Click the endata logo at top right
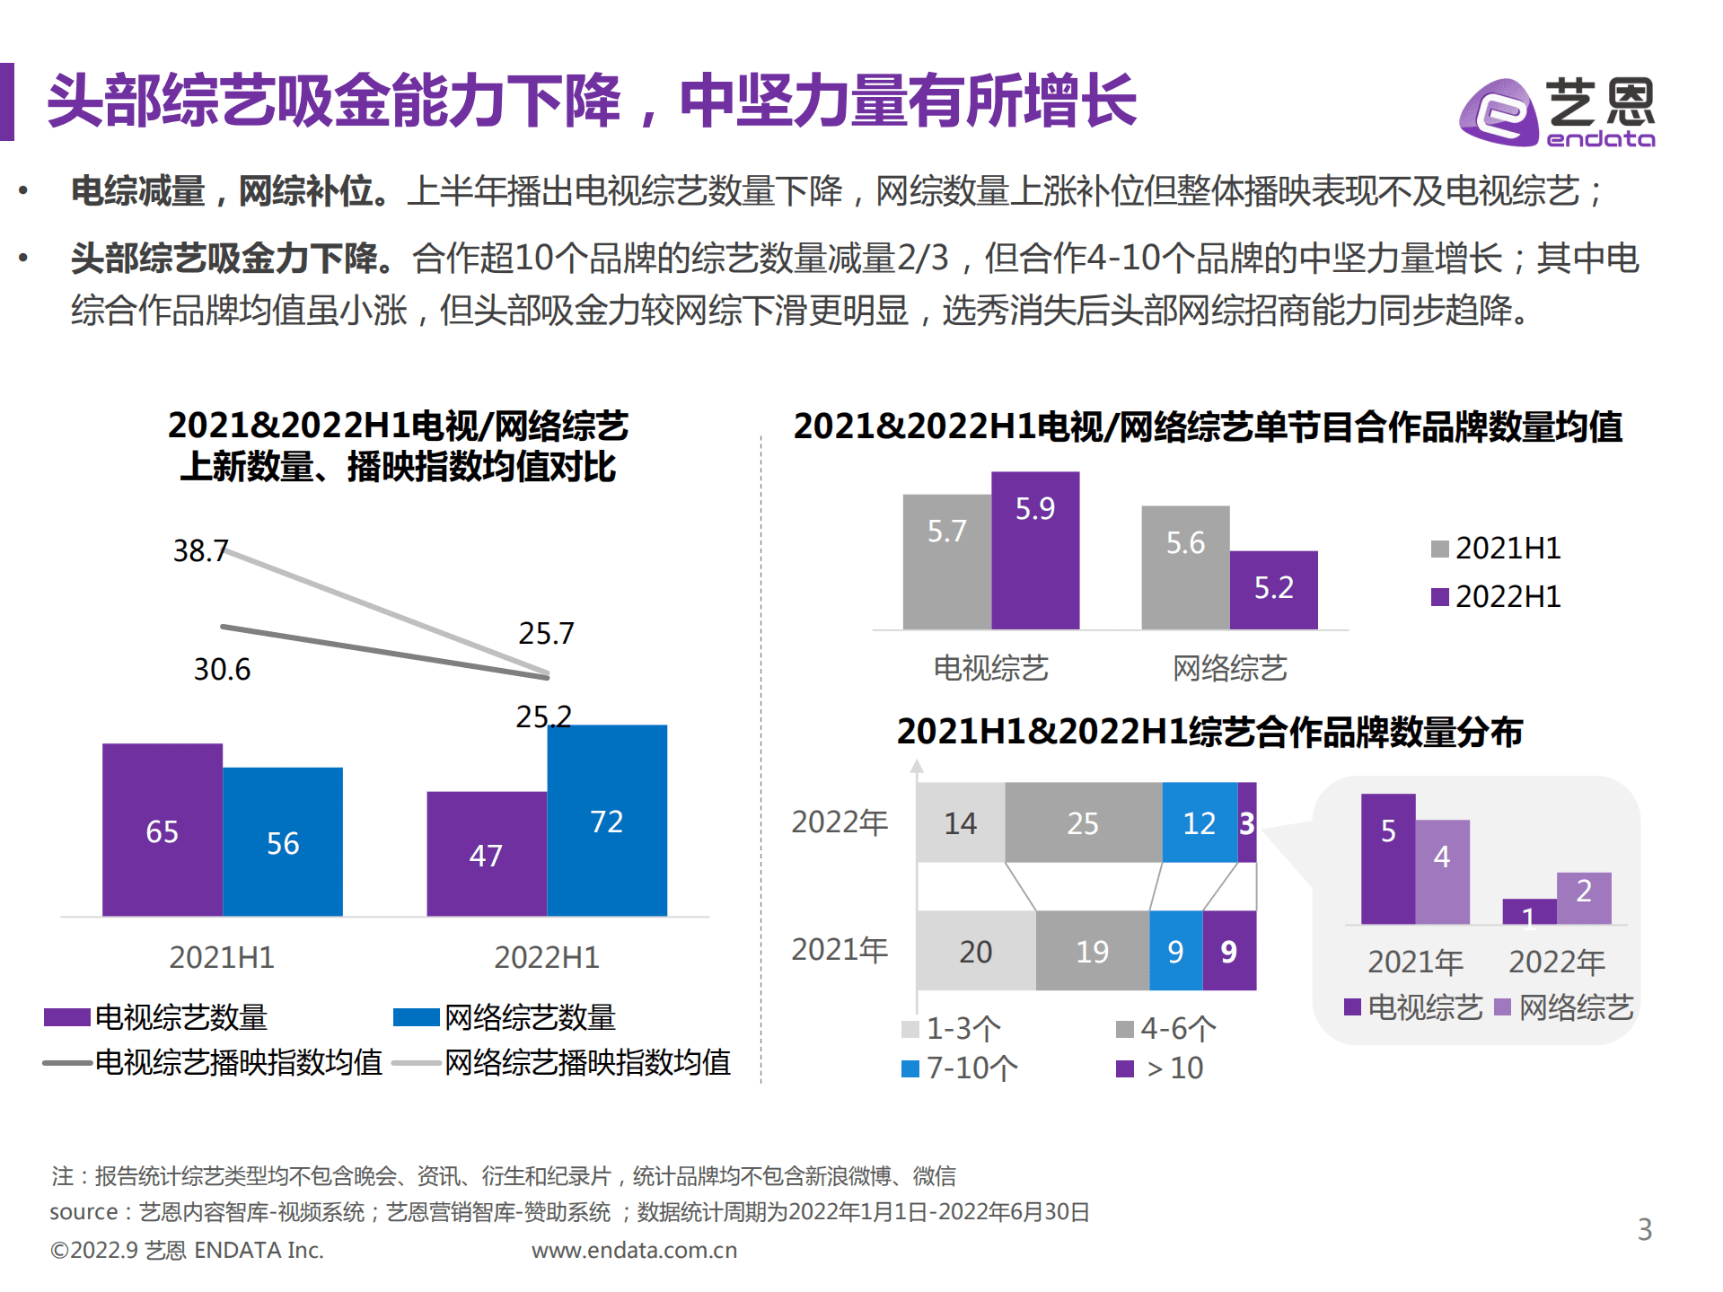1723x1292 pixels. click(x=1558, y=111)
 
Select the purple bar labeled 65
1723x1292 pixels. click(x=162, y=830)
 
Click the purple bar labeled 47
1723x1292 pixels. click(x=486, y=854)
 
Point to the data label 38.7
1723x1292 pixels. click(x=200, y=550)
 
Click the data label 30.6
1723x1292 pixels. click(x=222, y=669)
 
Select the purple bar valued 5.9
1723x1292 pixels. click(x=1034, y=549)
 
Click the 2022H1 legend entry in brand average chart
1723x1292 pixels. click(x=1496, y=596)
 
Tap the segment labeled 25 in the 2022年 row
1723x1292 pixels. click(x=1083, y=822)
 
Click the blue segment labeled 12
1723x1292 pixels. click(x=1199, y=822)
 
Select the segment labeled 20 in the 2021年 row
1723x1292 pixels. click(x=975, y=951)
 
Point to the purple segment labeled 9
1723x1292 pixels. click(x=1228, y=951)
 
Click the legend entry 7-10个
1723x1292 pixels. click(x=961, y=1068)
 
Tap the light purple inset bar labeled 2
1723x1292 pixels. click(x=1583, y=897)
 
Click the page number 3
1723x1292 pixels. click(x=1644, y=1228)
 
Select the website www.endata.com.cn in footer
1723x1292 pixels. click(x=634, y=1250)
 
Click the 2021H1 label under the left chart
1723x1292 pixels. click(x=222, y=957)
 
